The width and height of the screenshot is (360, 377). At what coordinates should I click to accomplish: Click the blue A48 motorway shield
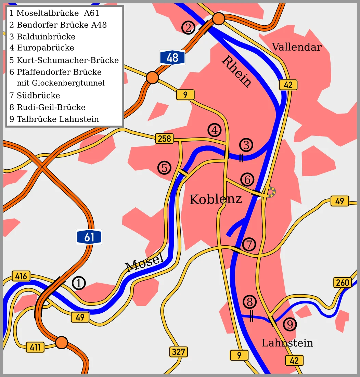(172, 57)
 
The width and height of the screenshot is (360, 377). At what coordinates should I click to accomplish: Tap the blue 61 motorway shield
(89, 237)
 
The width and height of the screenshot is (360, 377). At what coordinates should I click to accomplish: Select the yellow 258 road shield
(165, 139)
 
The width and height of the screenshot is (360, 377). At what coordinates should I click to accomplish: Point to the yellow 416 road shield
(21, 276)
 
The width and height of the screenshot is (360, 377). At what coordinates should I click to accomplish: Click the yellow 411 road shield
(35, 347)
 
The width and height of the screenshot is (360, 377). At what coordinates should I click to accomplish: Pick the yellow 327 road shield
(178, 352)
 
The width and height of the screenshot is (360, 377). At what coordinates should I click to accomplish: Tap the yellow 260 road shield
(343, 282)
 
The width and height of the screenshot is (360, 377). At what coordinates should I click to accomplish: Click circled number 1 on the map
(79, 283)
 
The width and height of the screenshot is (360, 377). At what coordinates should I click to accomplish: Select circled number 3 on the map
(246, 145)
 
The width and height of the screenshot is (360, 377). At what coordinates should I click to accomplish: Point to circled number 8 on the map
(249, 302)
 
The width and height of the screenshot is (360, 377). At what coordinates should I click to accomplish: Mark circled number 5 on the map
(164, 168)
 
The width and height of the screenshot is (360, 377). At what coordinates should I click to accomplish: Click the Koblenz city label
(216, 199)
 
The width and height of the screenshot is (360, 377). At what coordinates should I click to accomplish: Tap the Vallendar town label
(296, 47)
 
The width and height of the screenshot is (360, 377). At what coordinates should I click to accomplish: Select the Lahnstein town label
(287, 343)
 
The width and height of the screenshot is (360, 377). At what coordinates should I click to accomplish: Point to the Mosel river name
(144, 262)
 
